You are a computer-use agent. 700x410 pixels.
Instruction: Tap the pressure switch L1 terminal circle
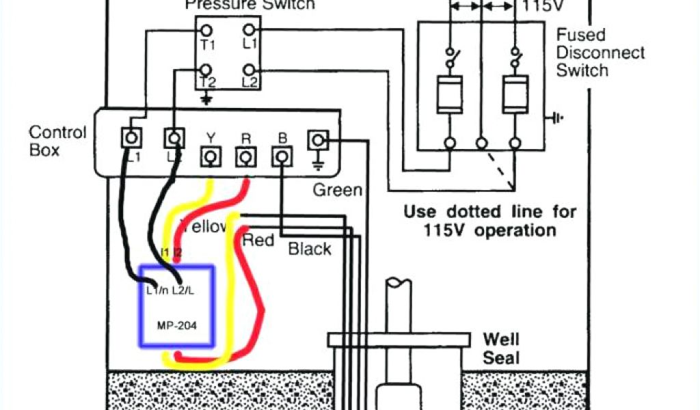(250, 30)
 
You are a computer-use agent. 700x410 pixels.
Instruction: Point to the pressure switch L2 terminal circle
(250, 70)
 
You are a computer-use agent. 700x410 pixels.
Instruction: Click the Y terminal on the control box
(211, 158)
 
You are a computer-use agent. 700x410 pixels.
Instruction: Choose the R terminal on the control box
(244, 158)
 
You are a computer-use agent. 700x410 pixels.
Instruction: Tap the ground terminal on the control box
(317, 141)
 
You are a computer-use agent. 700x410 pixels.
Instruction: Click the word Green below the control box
(337, 190)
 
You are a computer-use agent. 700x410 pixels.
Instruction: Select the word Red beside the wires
(258, 240)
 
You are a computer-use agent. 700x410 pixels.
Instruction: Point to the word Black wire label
(310, 249)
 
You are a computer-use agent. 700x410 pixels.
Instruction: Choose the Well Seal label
(501, 348)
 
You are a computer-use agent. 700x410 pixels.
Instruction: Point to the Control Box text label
(57, 140)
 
